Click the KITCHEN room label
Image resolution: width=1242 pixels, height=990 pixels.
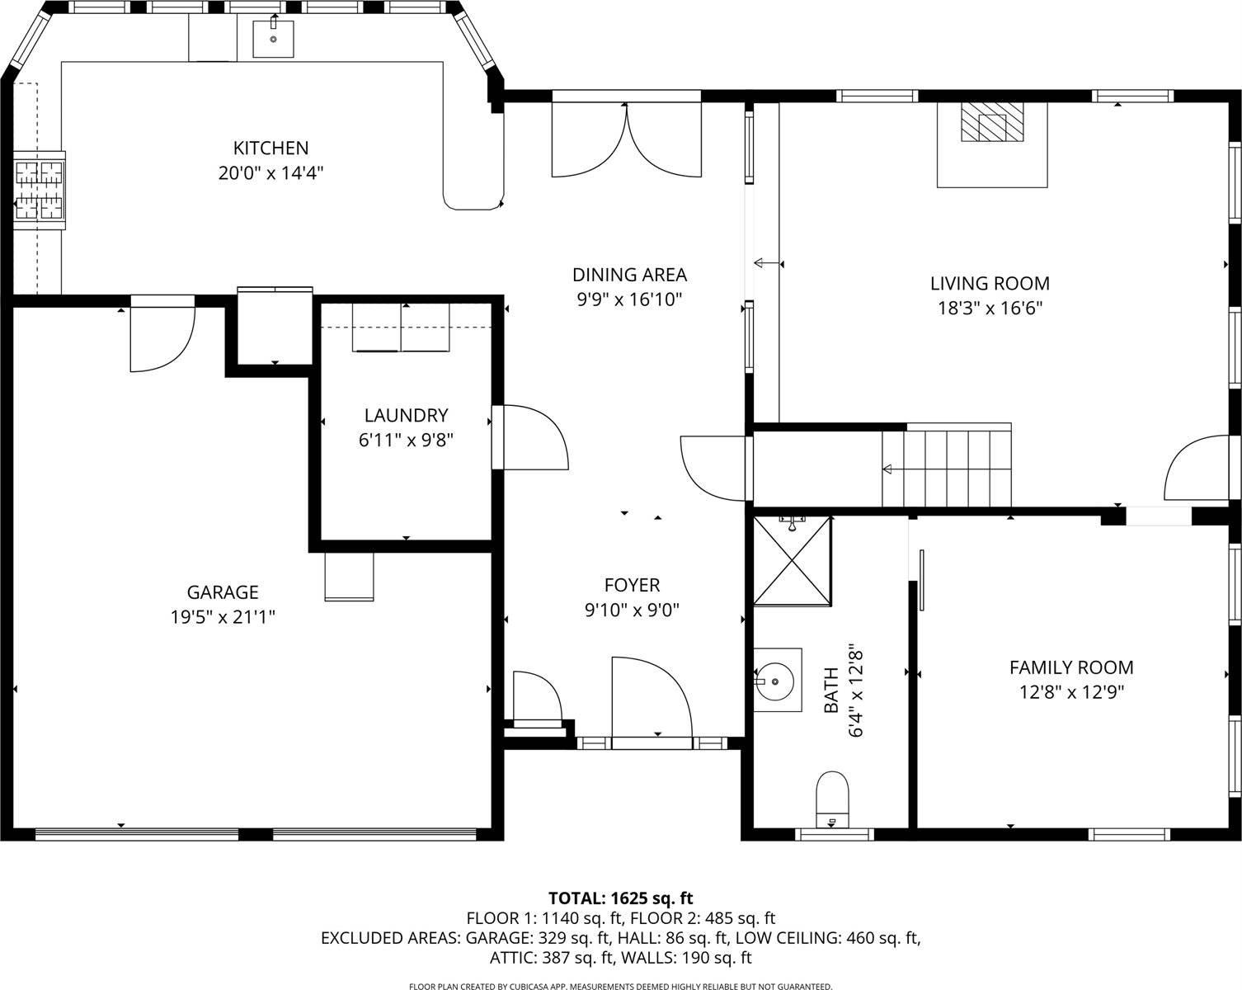(271, 148)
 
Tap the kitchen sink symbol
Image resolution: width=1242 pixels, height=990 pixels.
(273, 39)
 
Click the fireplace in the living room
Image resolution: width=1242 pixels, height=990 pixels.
(992, 124)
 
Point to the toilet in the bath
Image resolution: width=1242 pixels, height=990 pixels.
(832, 797)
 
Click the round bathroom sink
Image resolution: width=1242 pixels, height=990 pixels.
(777, 681)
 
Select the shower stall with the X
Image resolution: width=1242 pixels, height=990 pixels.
(793, 561)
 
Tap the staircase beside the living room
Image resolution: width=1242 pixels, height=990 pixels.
(947, 469)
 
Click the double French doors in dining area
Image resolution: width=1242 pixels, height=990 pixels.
(626, 140)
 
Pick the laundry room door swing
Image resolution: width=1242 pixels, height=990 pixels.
(532, 437)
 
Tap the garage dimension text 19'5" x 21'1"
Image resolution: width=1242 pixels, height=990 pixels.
(222, 617)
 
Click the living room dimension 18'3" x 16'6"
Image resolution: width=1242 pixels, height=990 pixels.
(990, 309)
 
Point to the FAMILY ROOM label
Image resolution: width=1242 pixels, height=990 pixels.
(1071, 667)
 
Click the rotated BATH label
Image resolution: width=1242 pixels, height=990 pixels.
(830, 691)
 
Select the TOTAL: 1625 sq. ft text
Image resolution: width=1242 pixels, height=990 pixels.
(621, 898)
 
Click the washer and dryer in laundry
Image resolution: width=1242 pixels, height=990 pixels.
(402, 328)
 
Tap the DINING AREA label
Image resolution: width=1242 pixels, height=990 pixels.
(629, 275)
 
